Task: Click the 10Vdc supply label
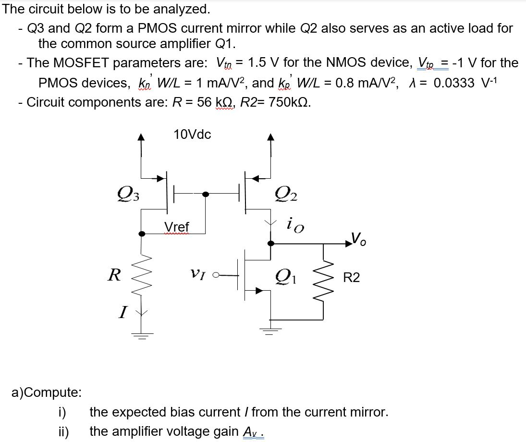coord(192,135)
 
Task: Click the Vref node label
coord(177,226)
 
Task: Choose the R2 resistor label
coord(351,278)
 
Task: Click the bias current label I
coord(123,314)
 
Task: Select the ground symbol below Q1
coord(271,330)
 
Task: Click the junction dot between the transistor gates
coord(206,194)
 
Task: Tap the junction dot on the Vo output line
coord(271,244)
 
